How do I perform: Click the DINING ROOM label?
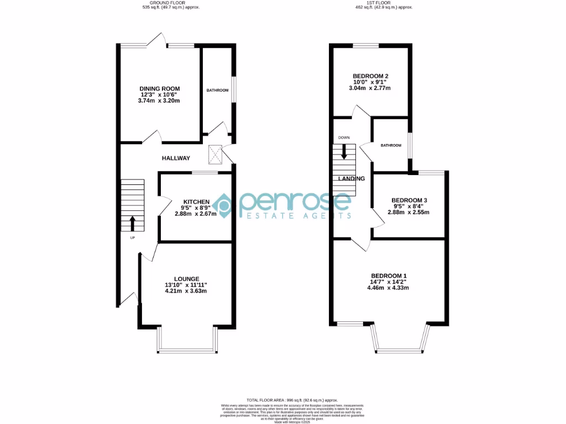(x=159, y=88)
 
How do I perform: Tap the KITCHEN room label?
(x=196, y=202)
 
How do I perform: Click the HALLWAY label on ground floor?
(x=176, y=158)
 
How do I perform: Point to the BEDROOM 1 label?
(x=389, y=275)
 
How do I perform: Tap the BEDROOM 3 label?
(x=409, y=200)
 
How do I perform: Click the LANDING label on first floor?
(x=352, y=179)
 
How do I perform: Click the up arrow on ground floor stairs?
(x=132, y=224)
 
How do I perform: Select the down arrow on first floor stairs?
(x=344, y=152)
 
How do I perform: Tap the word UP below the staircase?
(x=132, y=238)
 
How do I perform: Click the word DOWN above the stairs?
(x=344, y=137)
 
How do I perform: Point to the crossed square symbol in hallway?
(x=215, y=155)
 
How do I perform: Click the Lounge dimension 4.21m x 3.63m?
(x=186, y=291)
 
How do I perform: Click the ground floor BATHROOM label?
(x=217, y=90)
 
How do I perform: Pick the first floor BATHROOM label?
(x=390, y=145)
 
